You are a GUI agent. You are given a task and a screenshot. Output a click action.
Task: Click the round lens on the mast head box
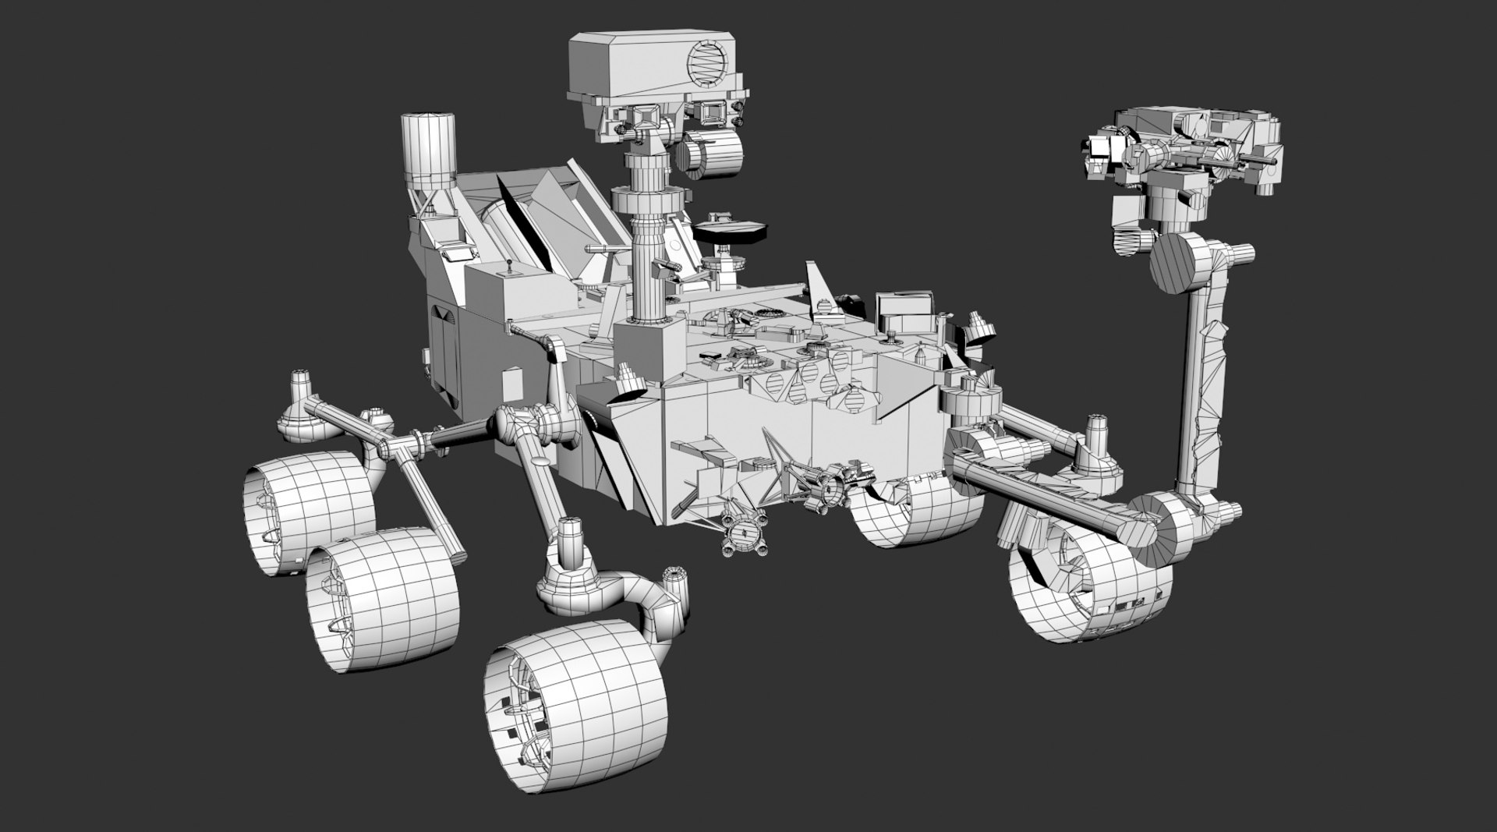pyautogui.click(x=710, y=61)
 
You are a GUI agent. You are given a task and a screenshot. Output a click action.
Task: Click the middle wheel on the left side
pyautogui.click(x=382, y=597)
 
